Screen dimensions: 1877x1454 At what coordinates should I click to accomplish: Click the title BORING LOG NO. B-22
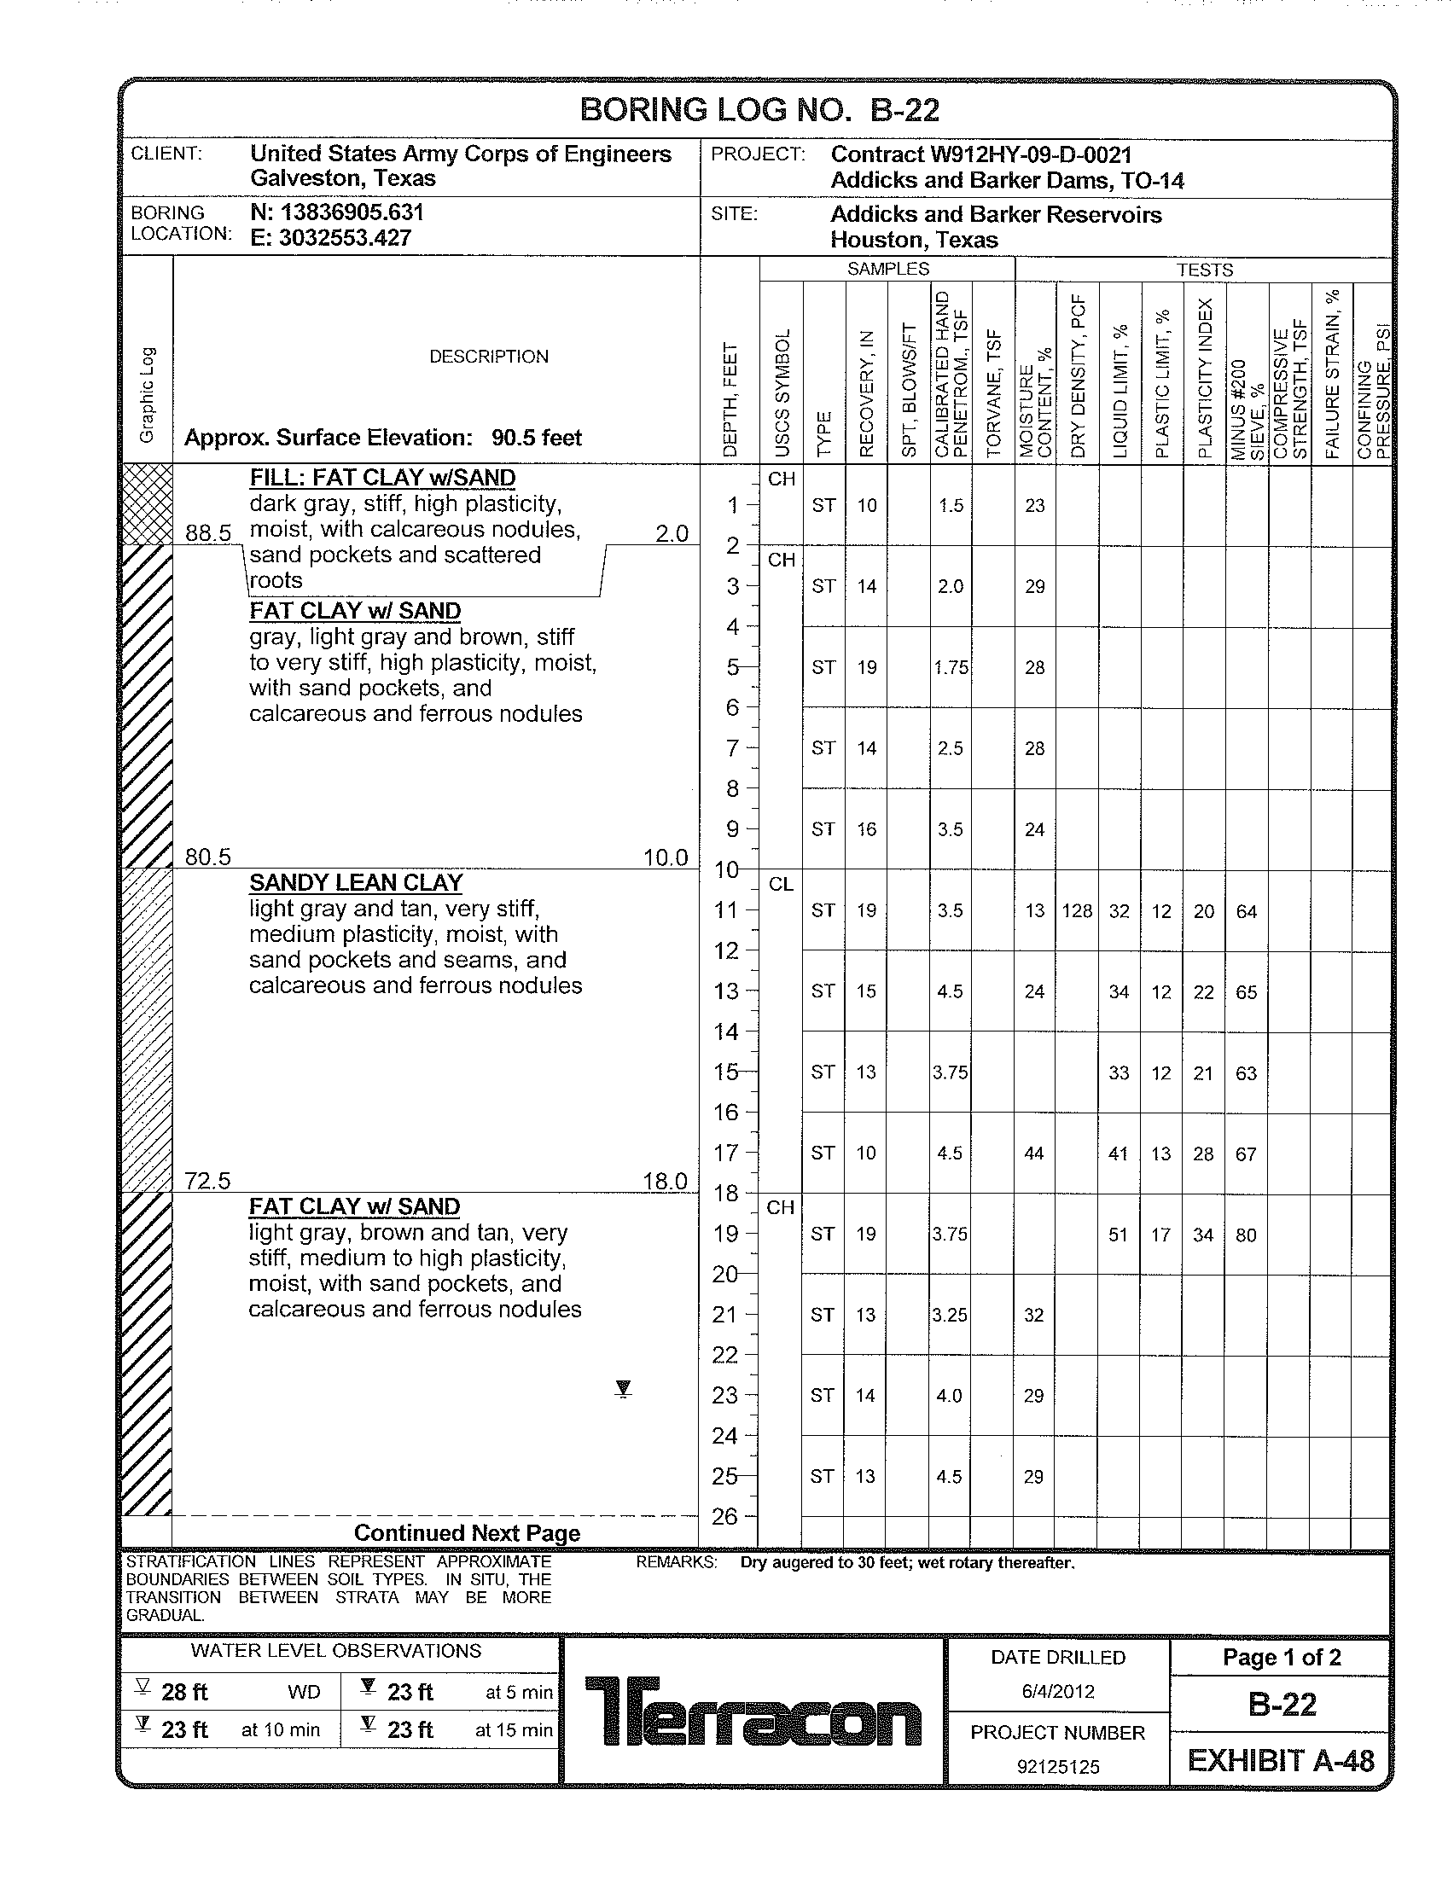759,110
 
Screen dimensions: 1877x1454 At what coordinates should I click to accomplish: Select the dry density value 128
1077,911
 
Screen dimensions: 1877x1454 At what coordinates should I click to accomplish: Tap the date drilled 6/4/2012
1058,1691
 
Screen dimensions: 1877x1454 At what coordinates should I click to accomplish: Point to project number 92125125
1058,1767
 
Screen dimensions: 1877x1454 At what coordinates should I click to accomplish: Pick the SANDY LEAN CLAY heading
356,883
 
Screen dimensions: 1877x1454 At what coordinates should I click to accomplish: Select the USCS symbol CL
781,885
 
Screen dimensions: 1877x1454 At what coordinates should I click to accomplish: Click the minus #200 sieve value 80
1246,1235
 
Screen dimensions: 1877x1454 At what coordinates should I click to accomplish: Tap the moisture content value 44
1034,1154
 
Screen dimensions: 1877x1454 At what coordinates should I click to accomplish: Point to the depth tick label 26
725,1517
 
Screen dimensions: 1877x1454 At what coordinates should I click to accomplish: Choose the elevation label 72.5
208,1181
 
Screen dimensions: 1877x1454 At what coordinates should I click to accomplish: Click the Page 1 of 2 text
1282,1657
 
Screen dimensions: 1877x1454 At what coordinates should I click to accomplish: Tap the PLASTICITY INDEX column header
1206,378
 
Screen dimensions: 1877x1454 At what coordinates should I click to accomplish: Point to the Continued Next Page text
467,1533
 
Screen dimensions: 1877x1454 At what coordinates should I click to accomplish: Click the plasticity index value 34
1203,1235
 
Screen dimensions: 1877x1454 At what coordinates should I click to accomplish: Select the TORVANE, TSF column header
993,392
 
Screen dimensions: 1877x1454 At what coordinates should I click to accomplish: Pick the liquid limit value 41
1118,1154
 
